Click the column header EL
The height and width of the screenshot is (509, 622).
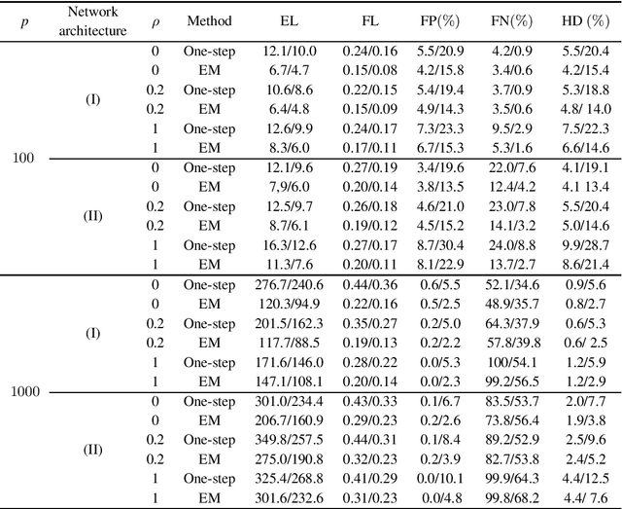coord(290,19)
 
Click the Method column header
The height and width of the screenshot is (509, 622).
coord(209,19)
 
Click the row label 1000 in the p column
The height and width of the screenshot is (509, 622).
coord(26,392)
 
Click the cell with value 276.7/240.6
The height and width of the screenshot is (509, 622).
coord(290,284)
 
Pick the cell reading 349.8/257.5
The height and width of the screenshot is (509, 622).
coord(290,440)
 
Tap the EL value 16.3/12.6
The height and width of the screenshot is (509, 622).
coord(290,244)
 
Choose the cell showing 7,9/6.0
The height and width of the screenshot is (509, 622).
coord(290,186)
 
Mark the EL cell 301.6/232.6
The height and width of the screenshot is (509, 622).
coord(290,498)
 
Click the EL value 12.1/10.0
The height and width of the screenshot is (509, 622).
coord(290,49)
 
